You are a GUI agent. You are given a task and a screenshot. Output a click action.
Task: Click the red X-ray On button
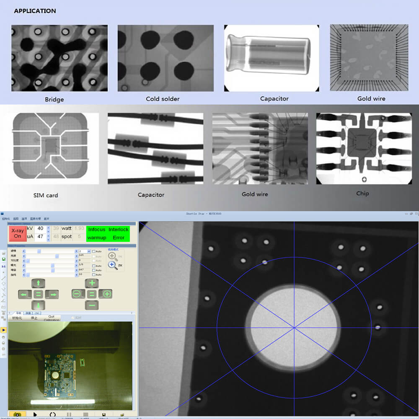coord(17,233)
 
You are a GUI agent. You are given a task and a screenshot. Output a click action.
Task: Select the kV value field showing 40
coord(40,229)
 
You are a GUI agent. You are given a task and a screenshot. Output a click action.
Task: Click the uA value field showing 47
coord(40,237)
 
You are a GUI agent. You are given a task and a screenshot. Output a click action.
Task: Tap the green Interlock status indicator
coord(119,230)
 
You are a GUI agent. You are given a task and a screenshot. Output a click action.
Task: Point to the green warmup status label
coord(97,238)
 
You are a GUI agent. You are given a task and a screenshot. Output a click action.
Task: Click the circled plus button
coord(107,294)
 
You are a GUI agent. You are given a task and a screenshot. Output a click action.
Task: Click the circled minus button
coord(77,294)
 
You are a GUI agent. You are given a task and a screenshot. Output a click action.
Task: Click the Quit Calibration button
coord(52,318)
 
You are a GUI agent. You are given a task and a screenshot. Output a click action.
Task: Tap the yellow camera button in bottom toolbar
coord(17,415)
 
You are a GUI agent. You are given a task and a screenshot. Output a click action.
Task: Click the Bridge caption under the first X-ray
coord(54,100)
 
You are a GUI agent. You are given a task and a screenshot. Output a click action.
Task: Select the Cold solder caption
coord(163,99)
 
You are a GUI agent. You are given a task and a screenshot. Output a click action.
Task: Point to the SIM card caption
coord(46,195)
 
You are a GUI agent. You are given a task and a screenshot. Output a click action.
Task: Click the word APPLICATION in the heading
coord(35,11)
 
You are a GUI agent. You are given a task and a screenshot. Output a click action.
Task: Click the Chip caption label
coord(362,194)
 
